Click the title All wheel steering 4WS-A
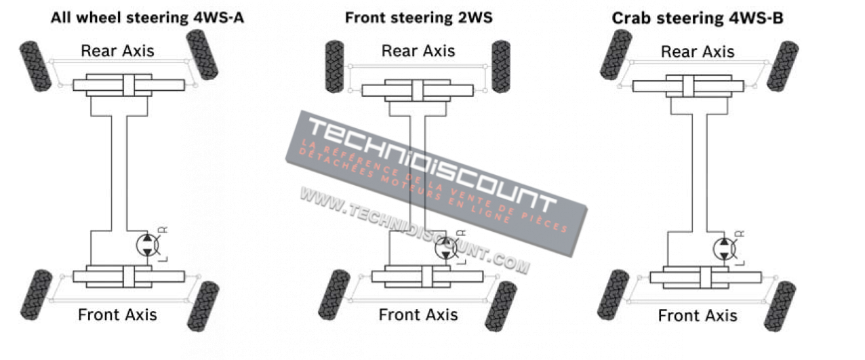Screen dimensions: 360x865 pyautogui.click(x=147, y=18)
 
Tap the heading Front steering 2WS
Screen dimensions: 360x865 pyautogui.click(x=418, y=18)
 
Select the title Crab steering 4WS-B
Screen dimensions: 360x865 pyautogui.click(x=698, y=18)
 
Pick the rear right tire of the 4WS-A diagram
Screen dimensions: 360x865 pyautogui.click(x=201, y=54)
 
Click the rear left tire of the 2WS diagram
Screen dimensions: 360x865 pyautogui.click(x=335, y=66)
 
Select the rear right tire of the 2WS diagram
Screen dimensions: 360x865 pyautogui.click(x=501, y=66)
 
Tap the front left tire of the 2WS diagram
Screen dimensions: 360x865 pyautogui.click(x=334, y=294)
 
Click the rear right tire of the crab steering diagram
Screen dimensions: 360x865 pyautogui.click(x=783, y=66)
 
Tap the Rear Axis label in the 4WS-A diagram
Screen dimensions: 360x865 pyautogui.click(x=117, y=51)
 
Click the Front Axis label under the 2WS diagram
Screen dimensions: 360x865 pyautogui.click(x=418, y=315)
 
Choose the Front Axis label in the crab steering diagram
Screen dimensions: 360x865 pyautogui.click(x=698, y=316)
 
